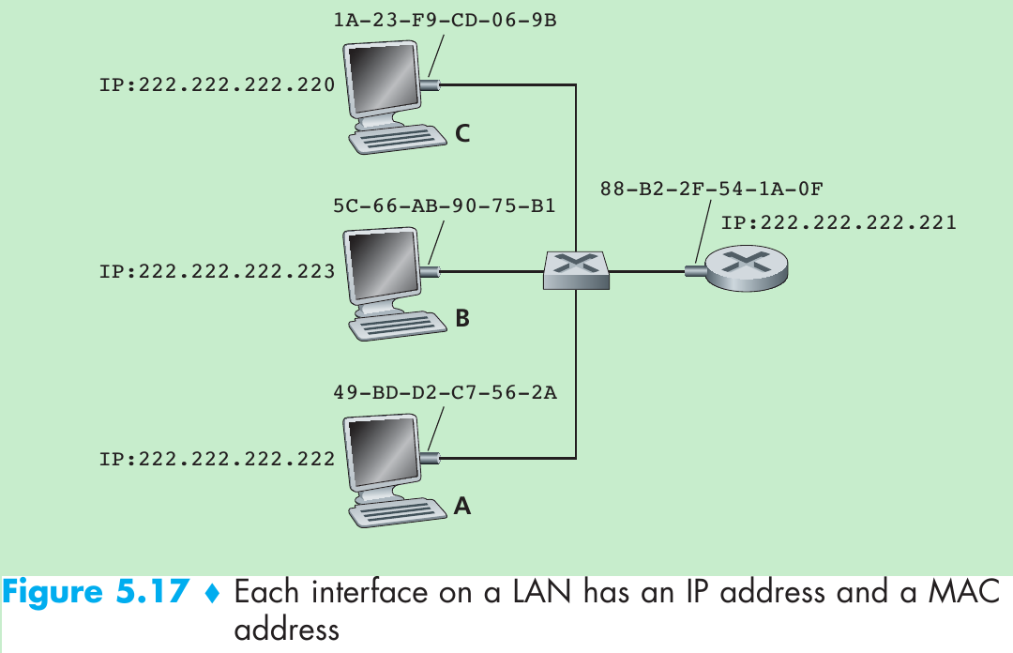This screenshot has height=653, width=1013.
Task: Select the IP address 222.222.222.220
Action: click(x=217, y=85)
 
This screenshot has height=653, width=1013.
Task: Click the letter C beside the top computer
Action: click(x=462, y=134)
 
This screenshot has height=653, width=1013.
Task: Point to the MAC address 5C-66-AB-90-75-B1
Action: click(x=445, y=205)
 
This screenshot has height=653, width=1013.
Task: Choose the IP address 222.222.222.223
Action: click(x=217, y=272)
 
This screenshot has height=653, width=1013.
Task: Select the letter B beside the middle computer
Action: click(x=462, y=319)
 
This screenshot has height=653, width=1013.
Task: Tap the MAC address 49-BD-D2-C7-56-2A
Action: click(x=445, y=392)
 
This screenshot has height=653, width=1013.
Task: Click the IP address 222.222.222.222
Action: click(x=217, y=459)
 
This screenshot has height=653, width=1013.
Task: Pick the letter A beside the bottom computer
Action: click(x=462, y=507)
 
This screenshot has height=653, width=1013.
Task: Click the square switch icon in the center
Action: click(x=576, y=269)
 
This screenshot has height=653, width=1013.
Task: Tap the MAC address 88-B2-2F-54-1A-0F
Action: click(x=712, y=189)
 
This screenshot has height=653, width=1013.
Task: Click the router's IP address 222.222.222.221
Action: click(x=839, y=222)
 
